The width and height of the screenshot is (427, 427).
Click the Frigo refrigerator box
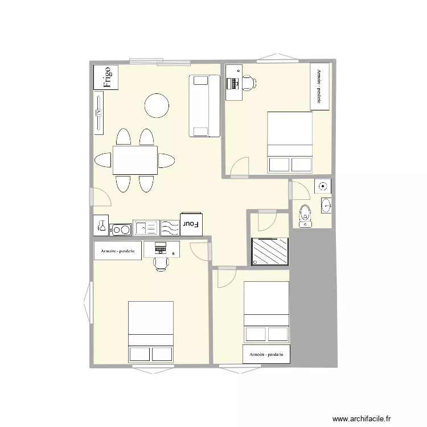(106, 77)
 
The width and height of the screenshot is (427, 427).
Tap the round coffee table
(157, 106)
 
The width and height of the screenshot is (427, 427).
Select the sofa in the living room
(204, 106)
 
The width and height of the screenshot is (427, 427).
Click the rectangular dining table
(135, 160)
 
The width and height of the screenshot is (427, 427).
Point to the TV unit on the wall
(99, 113)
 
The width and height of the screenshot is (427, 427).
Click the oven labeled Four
(191, 224)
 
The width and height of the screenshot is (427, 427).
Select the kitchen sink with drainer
(146, 228)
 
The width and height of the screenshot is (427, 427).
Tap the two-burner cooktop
(121, 230)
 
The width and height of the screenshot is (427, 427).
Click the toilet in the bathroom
(305, 216)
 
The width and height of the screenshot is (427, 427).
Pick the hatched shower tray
(270, 251)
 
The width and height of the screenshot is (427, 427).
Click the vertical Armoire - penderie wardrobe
(320, 87)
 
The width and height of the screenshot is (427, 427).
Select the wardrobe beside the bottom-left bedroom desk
(118, 251)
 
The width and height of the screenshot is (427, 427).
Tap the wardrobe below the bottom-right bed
(266, 354)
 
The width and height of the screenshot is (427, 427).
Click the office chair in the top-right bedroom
(249, 83)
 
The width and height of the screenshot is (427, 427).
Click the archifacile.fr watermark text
(362, 418)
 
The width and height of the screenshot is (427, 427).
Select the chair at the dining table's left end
(102, 160)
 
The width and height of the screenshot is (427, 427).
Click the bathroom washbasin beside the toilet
(326, 206)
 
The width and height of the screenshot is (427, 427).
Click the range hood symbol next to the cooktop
(101, 225)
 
